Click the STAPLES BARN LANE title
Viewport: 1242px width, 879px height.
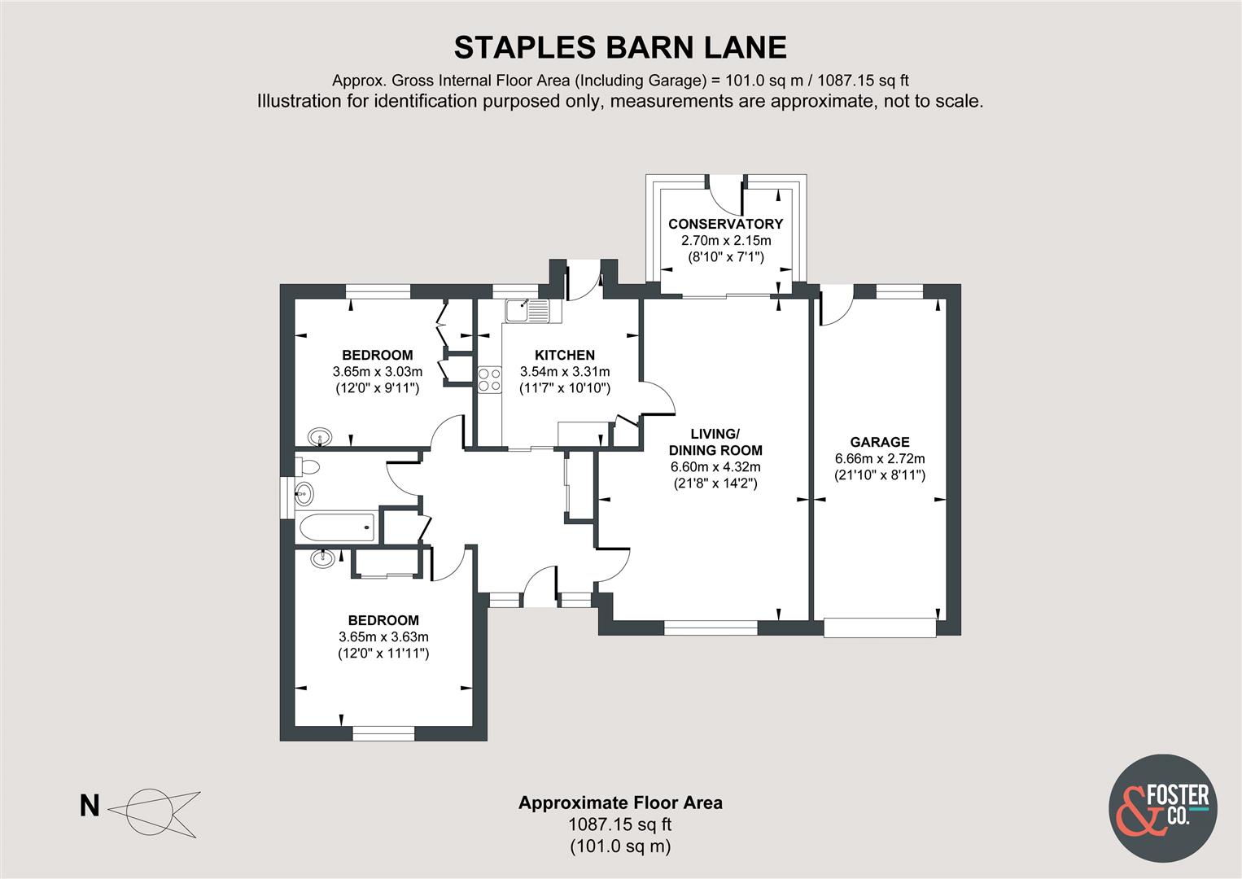point(620,47)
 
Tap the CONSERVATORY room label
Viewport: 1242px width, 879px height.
point(725,224)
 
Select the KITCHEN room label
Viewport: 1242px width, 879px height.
point(564,355)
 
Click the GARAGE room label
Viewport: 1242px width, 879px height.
point(879,442)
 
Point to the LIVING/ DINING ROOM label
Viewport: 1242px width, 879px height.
point(715,442)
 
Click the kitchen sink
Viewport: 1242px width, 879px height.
point(527,310)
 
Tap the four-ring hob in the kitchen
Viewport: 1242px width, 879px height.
point(490,379)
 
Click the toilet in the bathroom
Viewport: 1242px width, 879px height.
point(308,467)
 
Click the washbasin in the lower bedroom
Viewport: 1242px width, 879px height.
point(323,558)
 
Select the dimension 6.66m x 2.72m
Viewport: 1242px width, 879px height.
point(879,458)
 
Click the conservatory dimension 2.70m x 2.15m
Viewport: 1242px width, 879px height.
point(725,241)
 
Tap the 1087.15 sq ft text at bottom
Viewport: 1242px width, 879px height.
point(620,824)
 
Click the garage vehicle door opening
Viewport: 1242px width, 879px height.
point(879,628)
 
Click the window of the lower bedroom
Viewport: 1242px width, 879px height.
point(383,733)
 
